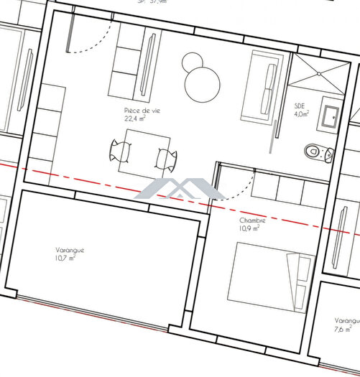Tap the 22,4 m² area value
point(134,119)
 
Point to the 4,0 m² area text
point(302,113)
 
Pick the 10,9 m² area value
point(249,229)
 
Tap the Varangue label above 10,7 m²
point(70,250)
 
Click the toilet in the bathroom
point(315,152)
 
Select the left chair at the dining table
point(120,152)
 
